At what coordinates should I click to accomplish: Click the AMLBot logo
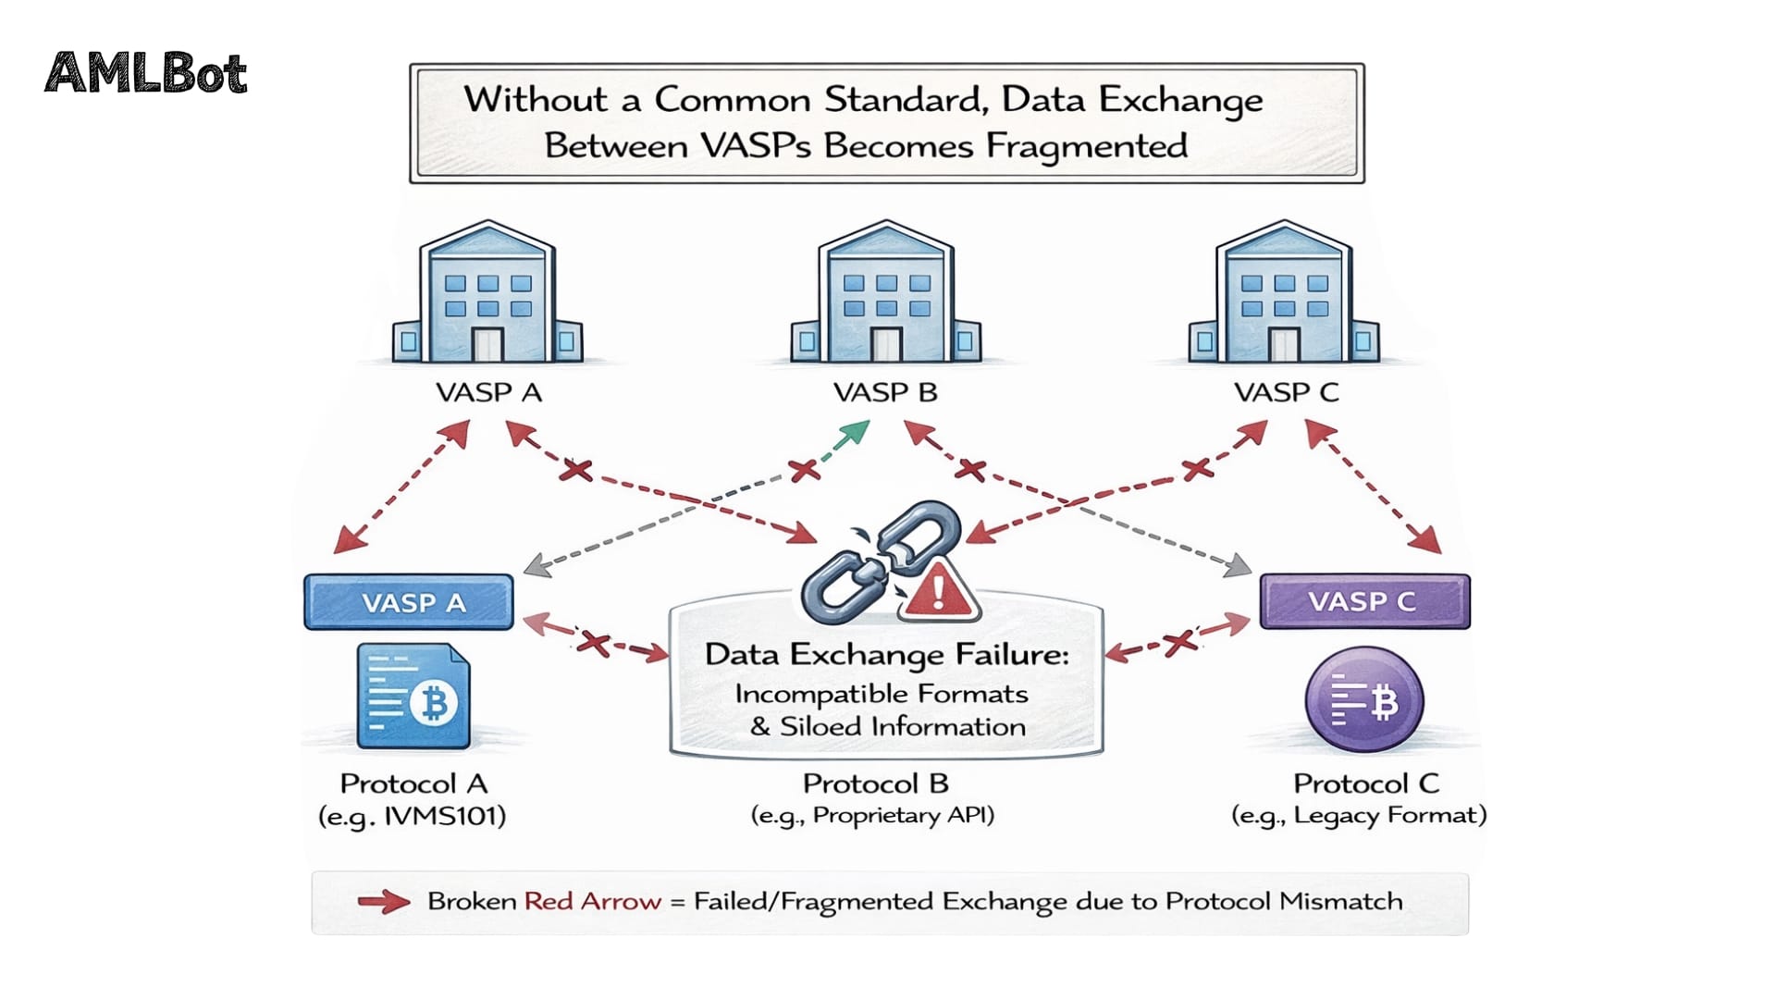(146, 73)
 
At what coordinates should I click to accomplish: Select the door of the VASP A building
(487, 344)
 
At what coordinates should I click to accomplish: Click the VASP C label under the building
(1286, 392)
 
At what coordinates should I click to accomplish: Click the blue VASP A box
(408, 602)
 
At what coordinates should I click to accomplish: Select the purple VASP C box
(1363, 601)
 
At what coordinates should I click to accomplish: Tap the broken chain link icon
(874, 560)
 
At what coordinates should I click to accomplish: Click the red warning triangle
(938, 592)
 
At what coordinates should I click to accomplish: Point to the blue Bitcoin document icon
(413, 697)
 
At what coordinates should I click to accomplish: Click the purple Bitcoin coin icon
(1363, 700)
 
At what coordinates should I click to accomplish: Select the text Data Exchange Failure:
(886, 655)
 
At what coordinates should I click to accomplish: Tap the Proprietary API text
(902, 816)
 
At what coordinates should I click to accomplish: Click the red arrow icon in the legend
(383, 902)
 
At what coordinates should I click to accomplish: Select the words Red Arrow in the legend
(592, 902)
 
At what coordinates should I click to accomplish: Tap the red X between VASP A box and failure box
(593, 642)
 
